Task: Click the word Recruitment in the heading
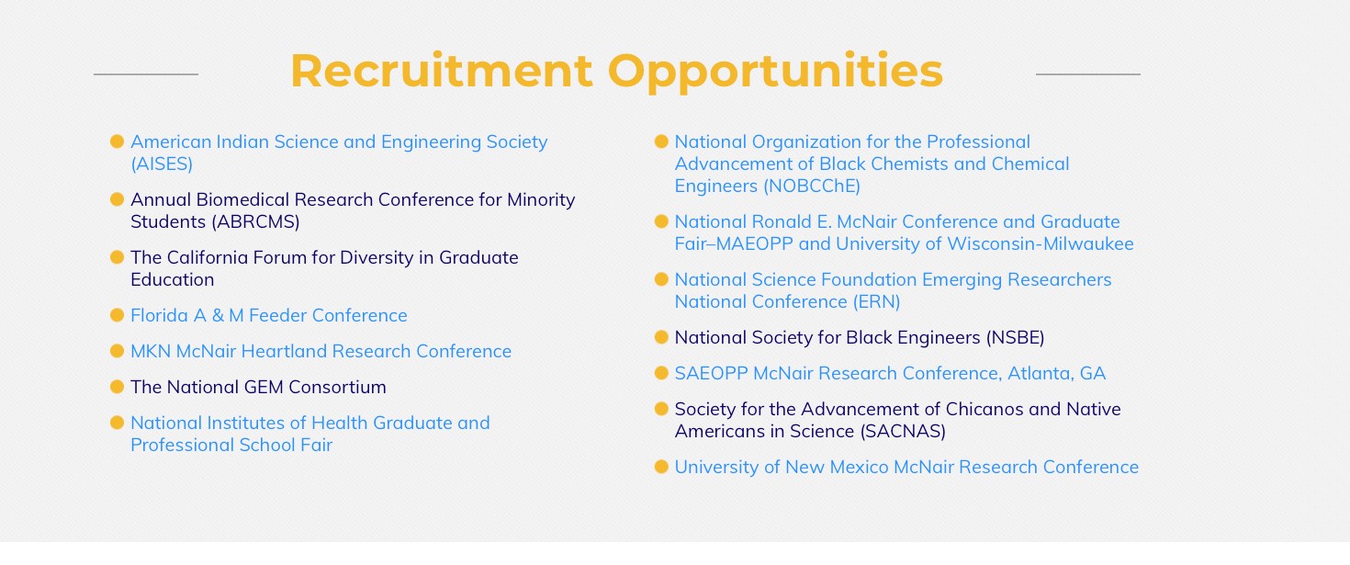tap(442, 71)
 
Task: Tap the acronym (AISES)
tap(162, 164)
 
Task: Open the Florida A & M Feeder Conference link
tap(269, 315)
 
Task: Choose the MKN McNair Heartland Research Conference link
tap(321, 351)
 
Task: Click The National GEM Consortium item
tap(259, 387)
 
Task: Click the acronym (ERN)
tap(876, 301)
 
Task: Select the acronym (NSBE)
tap(1015, 338)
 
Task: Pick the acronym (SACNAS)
tap(903, 431)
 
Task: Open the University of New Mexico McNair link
tap(906, 467)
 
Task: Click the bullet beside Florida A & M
tap(117, 315)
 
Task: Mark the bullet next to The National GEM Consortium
tap(117, 387)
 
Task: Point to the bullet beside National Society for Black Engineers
tap(661, 337)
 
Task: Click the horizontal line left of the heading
tap(146, 74)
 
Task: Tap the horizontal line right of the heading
tap(1088, 74)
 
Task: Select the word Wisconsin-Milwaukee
tap(1041, 243)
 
